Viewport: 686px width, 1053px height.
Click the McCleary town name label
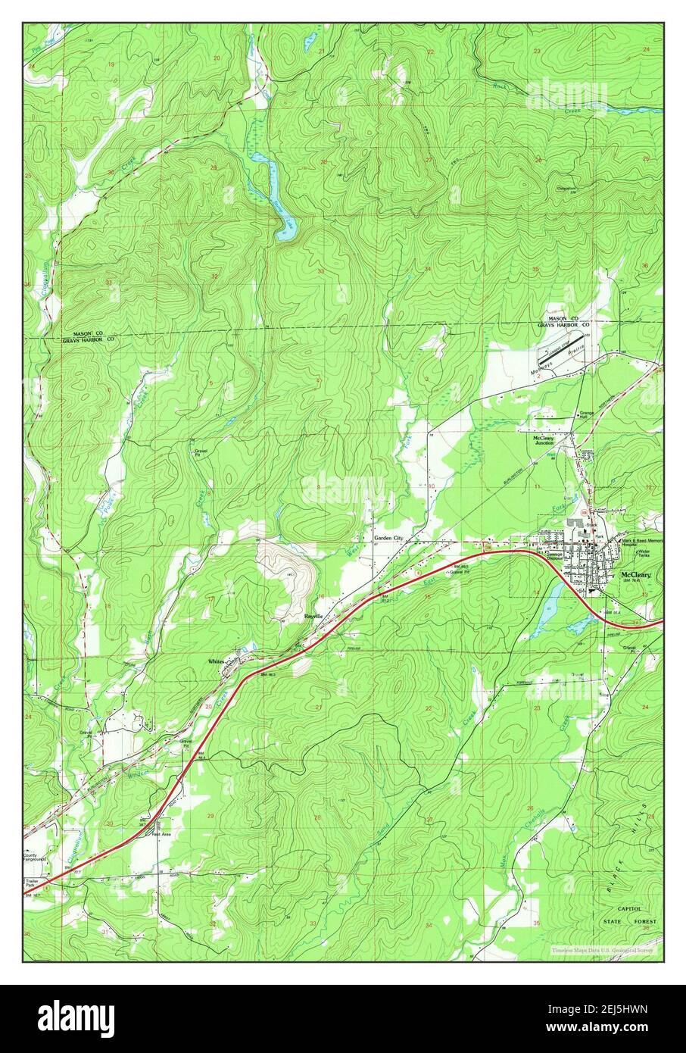point(635,575)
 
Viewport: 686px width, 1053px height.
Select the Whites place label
point(217,661)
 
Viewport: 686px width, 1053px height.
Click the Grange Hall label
point(588,415)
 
